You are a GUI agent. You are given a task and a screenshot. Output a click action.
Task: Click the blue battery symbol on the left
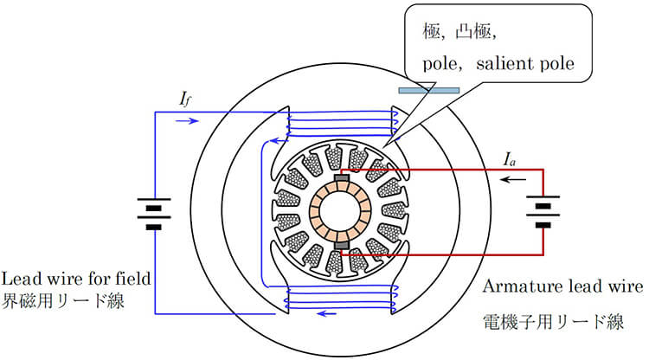[x=154, y=213]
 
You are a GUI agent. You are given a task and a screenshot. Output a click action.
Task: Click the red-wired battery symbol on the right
[x=542, y=212]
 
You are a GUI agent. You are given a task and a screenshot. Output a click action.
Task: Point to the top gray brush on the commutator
[x=341, y=178]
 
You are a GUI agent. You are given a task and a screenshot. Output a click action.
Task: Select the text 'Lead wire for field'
[x=77, y=279]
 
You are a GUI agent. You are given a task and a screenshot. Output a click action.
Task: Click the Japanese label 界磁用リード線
[x=65, y=303]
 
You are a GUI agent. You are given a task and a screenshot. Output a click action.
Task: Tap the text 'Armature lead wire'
[x=563, y=286]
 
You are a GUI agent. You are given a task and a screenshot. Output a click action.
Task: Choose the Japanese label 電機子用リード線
[x=553, y=323]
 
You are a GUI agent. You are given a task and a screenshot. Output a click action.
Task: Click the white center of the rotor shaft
[x=341, y=212]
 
